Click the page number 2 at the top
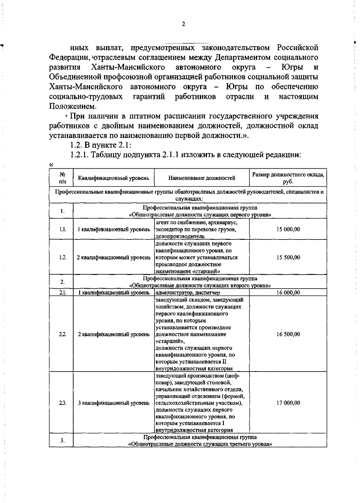pos(183,24)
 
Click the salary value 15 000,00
pos(288,229)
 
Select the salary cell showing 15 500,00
pos(288,257)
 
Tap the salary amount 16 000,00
pos(288,293)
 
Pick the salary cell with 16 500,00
pos(288,334)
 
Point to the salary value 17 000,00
pos(288,403)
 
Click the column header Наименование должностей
pos(202,178)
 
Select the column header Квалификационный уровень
pos(113,178)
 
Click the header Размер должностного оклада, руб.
pos(288,178)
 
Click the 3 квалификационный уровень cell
pos(113,403)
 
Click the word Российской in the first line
pos(297,48)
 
